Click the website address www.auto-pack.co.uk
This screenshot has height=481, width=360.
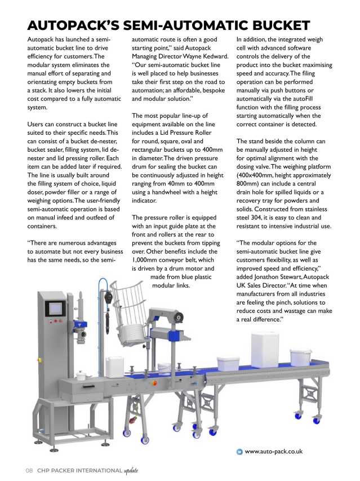[x=274, y=451]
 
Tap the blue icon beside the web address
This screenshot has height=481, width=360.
[x=239, y=451]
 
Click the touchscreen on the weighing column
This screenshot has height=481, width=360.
[x=56, y=308]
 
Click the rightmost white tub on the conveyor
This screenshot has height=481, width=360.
[x=301, y=356]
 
